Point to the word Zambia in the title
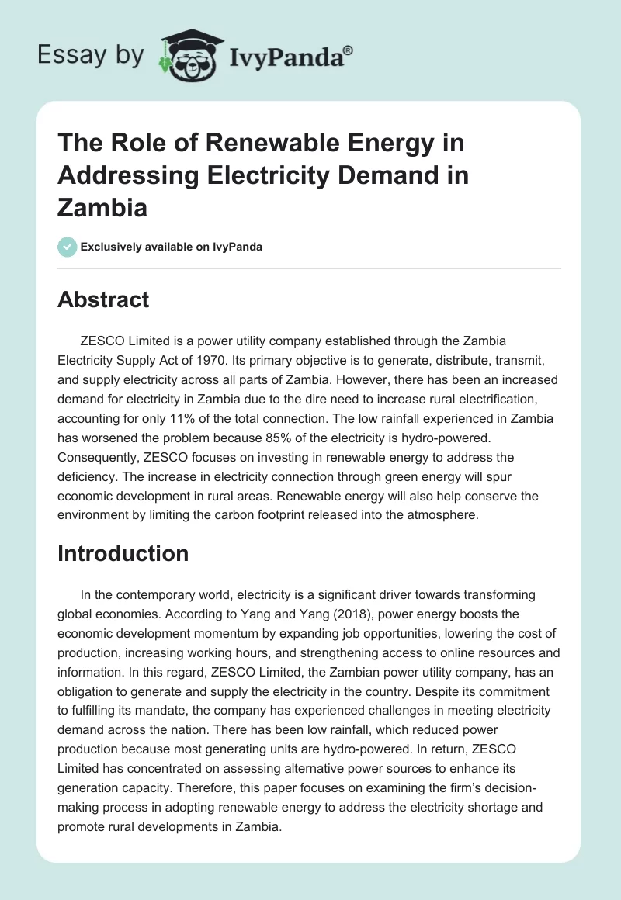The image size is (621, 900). [x=102, y=209]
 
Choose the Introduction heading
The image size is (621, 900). [x=123, y=553]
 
